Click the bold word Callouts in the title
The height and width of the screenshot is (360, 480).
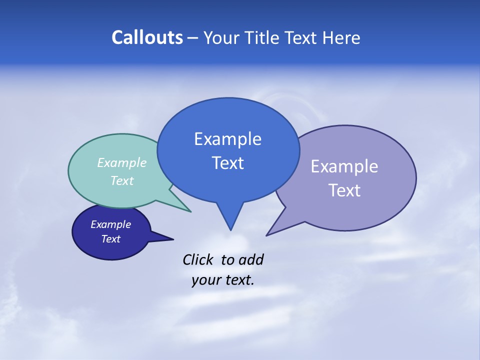pos(147,37)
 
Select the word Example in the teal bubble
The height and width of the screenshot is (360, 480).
pos(122,162)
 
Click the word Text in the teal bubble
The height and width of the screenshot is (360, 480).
pos(122,180)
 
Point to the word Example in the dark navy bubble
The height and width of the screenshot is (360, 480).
pos(110,224)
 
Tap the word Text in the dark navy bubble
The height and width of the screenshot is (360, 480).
pos(110,239)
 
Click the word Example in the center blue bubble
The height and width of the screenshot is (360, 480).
pos(227,139)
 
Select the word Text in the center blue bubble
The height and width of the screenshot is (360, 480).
pos(227,163)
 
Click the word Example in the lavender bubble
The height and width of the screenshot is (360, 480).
pos(344,166)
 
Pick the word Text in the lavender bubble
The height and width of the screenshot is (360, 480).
pos(344,190)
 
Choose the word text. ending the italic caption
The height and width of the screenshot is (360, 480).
pos(238,280)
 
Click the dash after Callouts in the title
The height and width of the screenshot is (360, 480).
pos(193,38)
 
